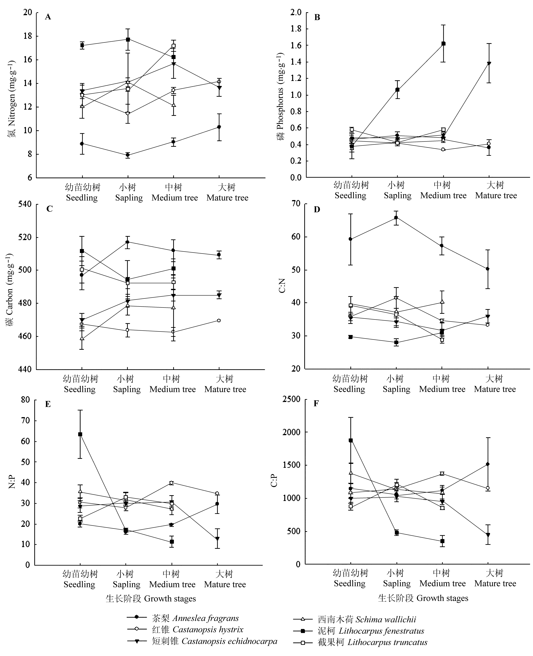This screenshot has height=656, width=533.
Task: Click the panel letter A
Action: coord(48,17)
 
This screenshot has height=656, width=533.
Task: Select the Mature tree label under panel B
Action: coord(496,196)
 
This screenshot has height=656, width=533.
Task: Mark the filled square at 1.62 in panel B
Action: coord(443,44)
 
